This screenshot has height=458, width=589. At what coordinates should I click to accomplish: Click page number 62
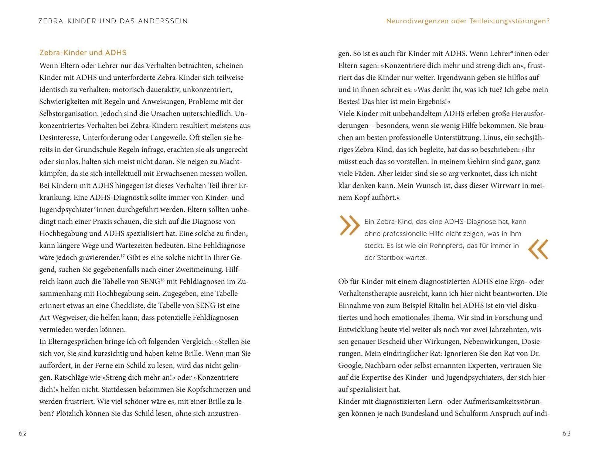[x=23, y=433]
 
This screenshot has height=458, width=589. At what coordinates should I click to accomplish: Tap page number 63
[x=566, y=433]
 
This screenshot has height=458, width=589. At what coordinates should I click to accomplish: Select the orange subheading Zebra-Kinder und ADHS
[x=83, y=53]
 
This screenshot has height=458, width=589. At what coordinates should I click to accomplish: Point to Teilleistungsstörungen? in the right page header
[x=510, y=21]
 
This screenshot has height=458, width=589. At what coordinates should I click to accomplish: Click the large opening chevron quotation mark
[x=349, y=225]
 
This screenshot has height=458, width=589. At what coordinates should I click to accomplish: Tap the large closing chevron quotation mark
[x=538, y=249]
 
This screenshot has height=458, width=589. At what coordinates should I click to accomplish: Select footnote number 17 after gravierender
[x=123, y=256]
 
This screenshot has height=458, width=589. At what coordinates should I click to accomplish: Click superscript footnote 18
[x=162, y=280]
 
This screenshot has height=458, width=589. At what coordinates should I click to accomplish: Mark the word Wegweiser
[x=67, y=318]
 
